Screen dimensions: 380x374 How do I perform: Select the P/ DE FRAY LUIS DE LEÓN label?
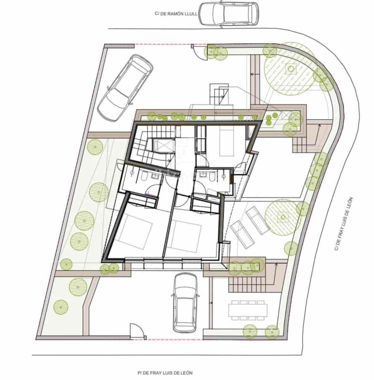[x=165, y=373]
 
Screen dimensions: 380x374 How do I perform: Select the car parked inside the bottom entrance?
[x=185, y=303]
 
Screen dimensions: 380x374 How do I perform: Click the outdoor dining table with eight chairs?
[x=248, y=308]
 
